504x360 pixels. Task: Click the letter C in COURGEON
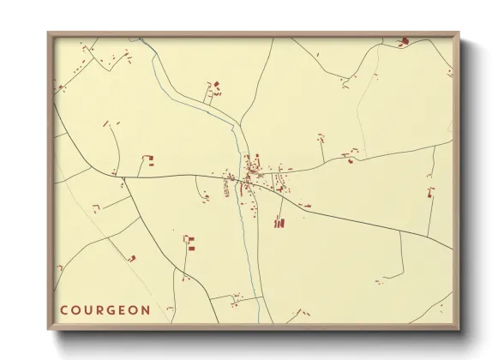(x=63, y=309)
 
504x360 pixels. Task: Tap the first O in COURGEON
(x=76, y=309)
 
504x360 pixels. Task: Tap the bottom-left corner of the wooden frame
(x=49, y=329)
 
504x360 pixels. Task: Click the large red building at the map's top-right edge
(x=405, y=40)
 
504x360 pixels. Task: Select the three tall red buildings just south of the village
(x=278, y=223)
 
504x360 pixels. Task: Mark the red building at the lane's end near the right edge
(x=430, y=191)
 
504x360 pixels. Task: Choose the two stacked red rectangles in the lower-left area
(x=190, y=243)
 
